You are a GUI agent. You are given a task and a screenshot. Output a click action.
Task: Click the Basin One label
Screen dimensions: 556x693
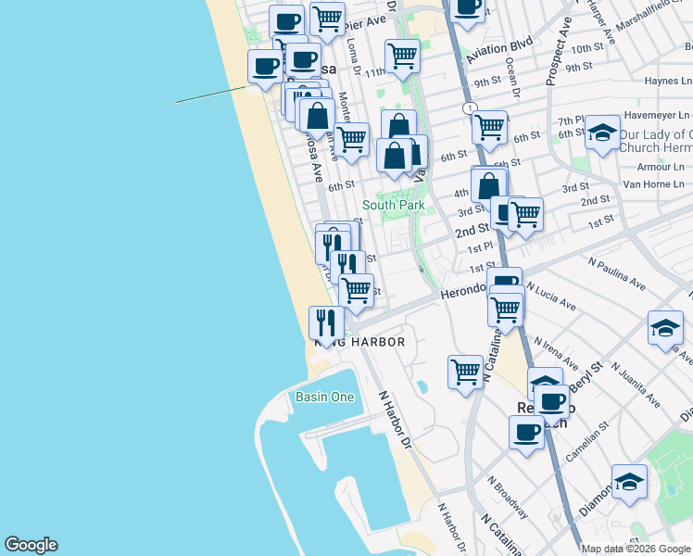[x=325, y=397]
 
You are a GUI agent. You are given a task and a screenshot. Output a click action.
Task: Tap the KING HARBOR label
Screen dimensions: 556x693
[x=360, y=342]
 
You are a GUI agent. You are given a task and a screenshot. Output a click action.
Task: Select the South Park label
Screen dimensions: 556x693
[x=393, y=205]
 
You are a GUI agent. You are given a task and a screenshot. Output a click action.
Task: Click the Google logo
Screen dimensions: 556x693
[x=31, y=545]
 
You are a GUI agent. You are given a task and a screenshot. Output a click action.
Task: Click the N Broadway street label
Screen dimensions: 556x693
[x=509, y=497]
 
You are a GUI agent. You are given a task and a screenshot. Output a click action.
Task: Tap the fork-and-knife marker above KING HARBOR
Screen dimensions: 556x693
[x=325, y=322]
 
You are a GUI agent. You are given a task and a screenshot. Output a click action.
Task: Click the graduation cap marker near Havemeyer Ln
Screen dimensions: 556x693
[x=602, y=133]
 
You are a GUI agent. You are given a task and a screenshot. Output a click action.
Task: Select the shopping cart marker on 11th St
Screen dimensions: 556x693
[x=402, y=56]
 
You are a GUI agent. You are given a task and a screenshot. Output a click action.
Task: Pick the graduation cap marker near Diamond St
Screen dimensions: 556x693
[x=629, y=482]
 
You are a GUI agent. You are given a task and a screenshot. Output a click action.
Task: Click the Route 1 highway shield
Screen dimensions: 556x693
[x=472, y=108]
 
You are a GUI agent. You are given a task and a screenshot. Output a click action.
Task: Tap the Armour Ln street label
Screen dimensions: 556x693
[x=661, y=167]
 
